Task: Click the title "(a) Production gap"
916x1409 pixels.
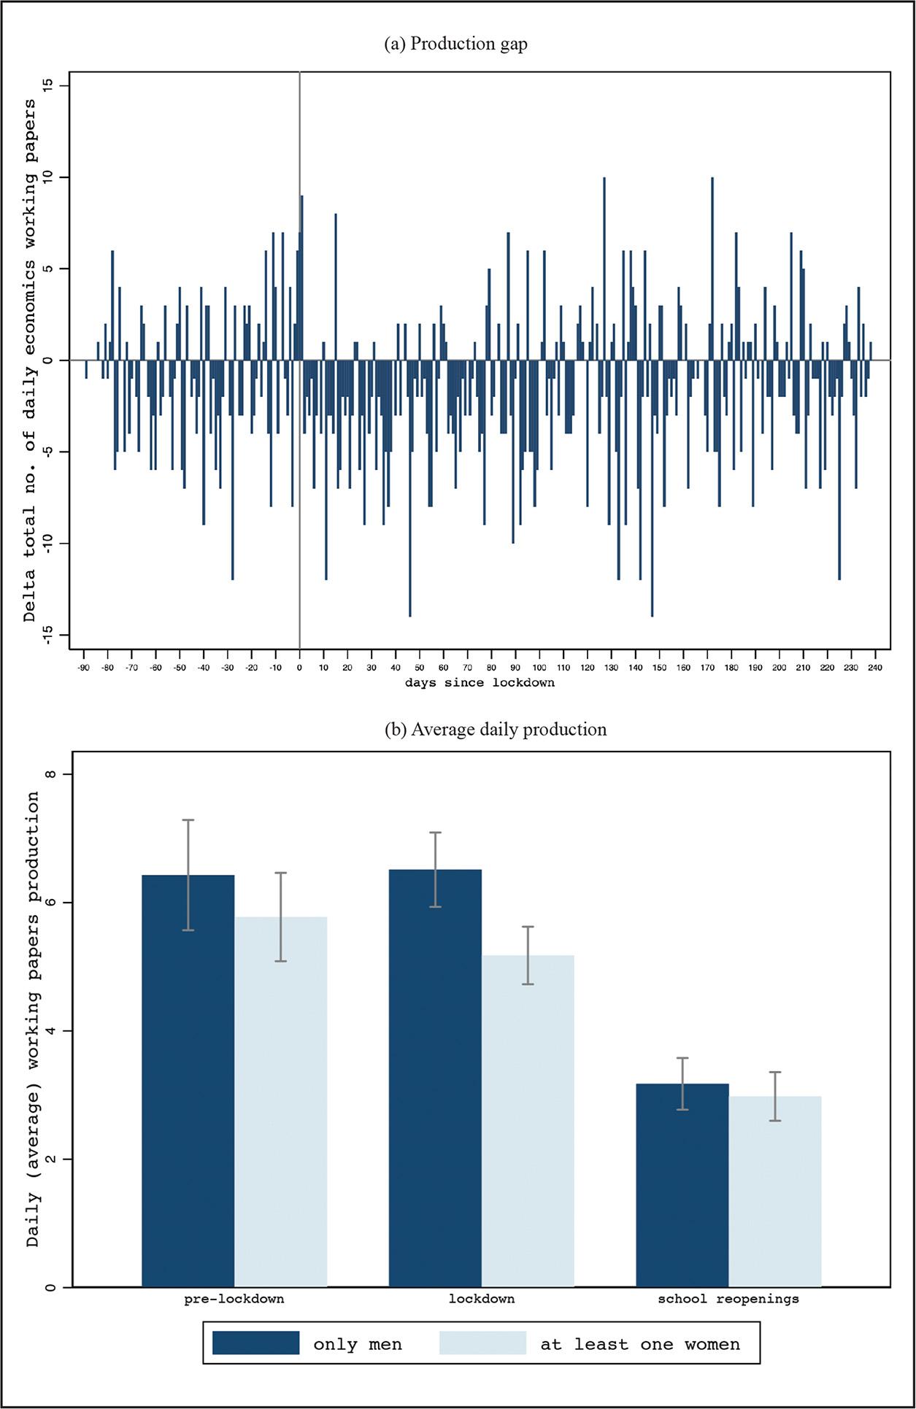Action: pyautogui.click(x=455, y=44)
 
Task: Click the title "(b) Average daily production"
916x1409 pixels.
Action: pyautogui.click(x=496, y=729)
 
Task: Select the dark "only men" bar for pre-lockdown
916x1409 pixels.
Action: pyautogui.click(x=188, y=1080)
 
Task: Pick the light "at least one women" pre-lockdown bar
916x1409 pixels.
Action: pyautogui.click(x=281, y=1102)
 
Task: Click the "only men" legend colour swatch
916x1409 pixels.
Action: pyautogui.click(x=255, y=1343)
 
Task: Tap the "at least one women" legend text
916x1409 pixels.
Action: pyautogui.click(x=640, y=1344)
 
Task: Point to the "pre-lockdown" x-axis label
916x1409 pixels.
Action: pyautogui.click(x=234, y=1299)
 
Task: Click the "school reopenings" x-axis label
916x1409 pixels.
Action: pyautogui.click(x=728, y=1299)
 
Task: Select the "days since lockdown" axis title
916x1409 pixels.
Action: pyautogui.click(x=480, y=683)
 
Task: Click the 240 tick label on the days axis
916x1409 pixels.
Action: pyautogui.click(x=875, y=667)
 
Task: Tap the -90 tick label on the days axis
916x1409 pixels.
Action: pyautogui.click(x=83, y=667)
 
